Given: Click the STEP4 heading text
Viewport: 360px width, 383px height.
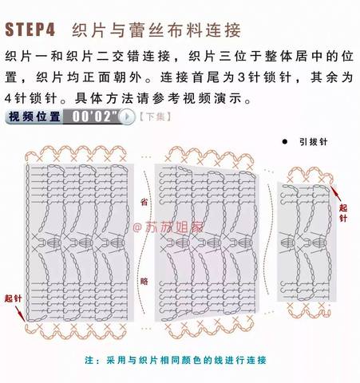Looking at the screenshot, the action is pyautogui.click(x=30, y=30).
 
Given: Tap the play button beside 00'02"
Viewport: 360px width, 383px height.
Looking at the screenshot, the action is pyautogui.click(x=127, y=116).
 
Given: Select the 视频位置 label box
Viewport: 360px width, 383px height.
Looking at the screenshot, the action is pyautogui.click(x=34, y=116).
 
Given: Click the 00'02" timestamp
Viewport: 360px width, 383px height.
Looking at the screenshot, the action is pyautogui.click(x=94, y=116).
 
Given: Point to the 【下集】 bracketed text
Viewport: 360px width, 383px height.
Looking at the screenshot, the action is pyautogui.click(x=155, y=116).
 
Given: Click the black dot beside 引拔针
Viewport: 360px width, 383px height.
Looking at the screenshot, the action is pyautogui.click(x=285, y=142).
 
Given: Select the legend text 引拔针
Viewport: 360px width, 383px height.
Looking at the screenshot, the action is pyautogui.click(x=313, y=142).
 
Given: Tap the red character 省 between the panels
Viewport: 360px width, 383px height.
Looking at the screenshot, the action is pyautogui.click(x=144, y=202).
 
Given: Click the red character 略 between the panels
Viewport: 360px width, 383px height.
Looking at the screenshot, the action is pyautogui.click(x=144, y=281).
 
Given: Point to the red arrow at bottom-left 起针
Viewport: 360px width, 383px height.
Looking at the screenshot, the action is pyautogui.click(x=20, y=314).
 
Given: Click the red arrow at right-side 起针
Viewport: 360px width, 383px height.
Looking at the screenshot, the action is pyautogui.click(x=335, y=193).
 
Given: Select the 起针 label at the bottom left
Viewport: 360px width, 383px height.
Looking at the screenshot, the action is pyautogui.click(x=13, y=298).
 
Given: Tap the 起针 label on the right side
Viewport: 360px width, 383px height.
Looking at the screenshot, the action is pyautogui.click(x=343, y=213).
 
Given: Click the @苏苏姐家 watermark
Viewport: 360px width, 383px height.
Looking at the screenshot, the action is pyautogui.click(x=168, y=227).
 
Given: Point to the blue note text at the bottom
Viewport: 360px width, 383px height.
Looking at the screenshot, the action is pyautogui.click(x=176, y=360).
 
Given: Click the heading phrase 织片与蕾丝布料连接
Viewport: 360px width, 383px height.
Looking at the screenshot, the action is pyautogui.click(x=156, y=30).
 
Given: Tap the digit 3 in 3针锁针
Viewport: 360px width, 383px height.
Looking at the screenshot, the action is pyautogui.click(x=241, y=77).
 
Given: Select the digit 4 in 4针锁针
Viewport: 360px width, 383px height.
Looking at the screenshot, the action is pyautogui.click(x=8, y=98).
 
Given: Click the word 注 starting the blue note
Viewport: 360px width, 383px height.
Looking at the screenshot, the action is pyautogui.click(x=89, y=360).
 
